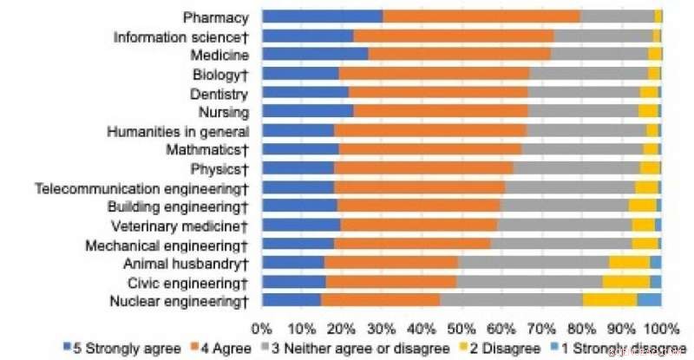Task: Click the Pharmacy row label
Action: pos(216,17)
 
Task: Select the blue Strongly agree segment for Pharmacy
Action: pos(322,17)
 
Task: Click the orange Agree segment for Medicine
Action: pos(459,55)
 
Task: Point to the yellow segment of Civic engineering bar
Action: pos(625,282)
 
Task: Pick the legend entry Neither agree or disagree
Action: pos(374,350)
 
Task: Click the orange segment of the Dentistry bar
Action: pos(438,93)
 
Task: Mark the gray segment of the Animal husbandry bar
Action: pos(533,263)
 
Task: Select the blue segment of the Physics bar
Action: pos(298,168)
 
